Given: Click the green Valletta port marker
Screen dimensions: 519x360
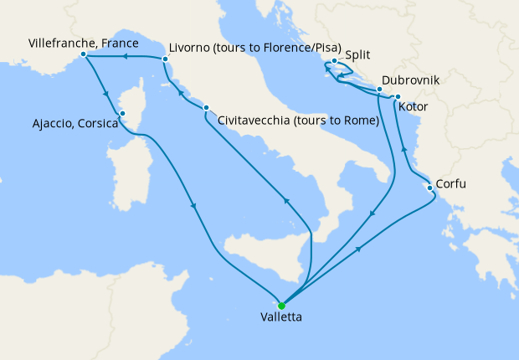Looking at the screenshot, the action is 282,306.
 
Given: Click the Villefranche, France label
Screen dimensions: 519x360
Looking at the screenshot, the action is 83,42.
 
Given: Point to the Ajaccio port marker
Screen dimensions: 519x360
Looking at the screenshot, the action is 122,114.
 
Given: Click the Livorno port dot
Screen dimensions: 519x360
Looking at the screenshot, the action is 165,59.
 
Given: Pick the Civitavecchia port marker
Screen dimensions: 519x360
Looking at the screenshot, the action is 205,109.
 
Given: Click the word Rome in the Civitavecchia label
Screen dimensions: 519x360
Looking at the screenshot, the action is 358,121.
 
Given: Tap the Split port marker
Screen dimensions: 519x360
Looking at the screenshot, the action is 334,61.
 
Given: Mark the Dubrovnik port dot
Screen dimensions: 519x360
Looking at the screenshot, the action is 379,89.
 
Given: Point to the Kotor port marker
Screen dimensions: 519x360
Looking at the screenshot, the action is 398,98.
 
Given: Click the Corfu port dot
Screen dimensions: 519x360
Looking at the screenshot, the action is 429,188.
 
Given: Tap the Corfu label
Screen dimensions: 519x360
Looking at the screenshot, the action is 451,184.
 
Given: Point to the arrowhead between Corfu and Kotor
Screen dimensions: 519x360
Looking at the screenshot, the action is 404,149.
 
